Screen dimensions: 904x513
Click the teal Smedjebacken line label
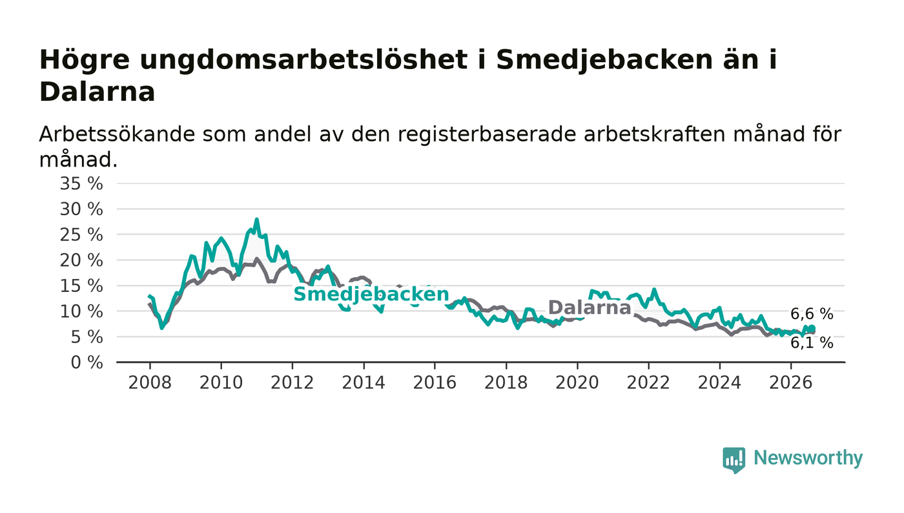[x=371, y=294]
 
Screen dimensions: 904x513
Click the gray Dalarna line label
[x=589, y=308]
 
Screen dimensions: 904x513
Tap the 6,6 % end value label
[x=812, y=314]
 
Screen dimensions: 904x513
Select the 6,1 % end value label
[x=812, y=343]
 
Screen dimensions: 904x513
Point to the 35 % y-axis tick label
[x=81, y=183]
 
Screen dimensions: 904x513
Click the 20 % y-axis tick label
[x=81, y=260]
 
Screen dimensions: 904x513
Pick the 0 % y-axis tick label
[x=87, y=362]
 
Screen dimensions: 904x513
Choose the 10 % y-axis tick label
[x=81, y=311]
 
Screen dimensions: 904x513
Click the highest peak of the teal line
[x=256, y=219]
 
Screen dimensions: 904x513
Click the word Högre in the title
[x=85, y=61]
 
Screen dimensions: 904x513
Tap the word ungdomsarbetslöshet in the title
[x=303, y=61]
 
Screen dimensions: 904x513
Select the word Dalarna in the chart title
[x=98, y=92]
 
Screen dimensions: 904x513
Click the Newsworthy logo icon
[x=734, y=459]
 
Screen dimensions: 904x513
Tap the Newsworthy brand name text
[x=808, y=458]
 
